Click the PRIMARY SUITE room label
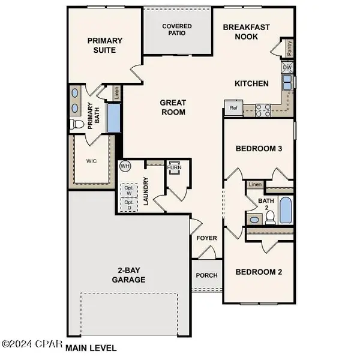105,46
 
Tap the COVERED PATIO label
177,30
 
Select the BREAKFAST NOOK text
247,32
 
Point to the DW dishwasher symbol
288,67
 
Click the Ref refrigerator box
233,108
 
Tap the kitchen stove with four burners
262,109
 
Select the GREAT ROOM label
172,107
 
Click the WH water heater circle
125,166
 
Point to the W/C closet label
92,161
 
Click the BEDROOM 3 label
259,148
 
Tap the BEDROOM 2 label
259,272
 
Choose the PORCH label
207,276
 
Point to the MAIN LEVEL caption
91,347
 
